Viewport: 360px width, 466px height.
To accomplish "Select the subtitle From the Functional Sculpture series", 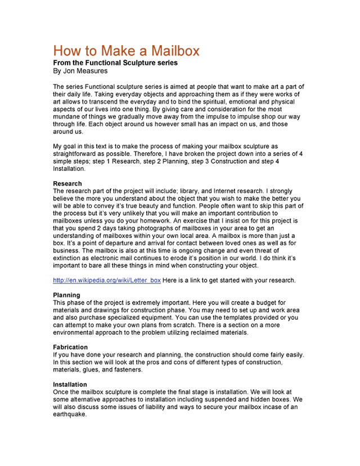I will click(x=115, y=63).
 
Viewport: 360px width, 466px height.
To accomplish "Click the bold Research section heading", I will click(x=67, y=183).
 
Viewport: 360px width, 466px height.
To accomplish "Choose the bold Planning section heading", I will click(x=66, y=295).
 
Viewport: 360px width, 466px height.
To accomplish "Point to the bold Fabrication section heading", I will click(x=71, y=347).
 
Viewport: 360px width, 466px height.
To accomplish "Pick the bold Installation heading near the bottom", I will click(x=70, y=384).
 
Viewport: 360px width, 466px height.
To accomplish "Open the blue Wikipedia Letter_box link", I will click(x=107, y=280).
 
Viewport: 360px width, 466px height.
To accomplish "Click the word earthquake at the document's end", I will click(x=70, y=415).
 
